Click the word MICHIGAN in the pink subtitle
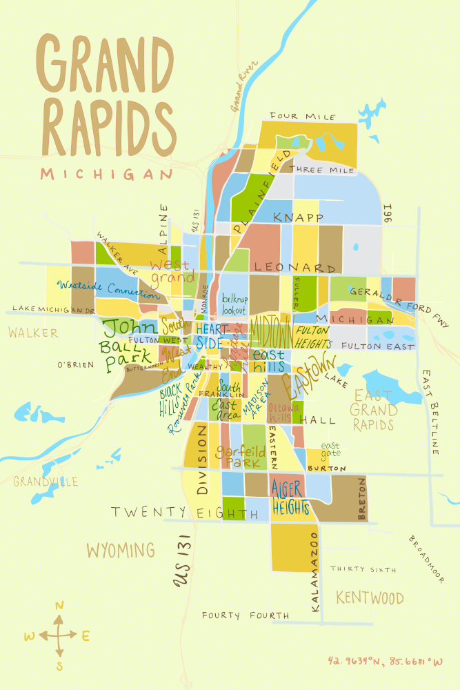point(106,173)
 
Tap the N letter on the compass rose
point(59,606)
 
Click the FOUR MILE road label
point(303,116)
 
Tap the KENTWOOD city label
point(370,598)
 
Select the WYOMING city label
point(120,550)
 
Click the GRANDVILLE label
point(46,482)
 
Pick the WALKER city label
point(33,333)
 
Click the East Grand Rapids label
point(375,410)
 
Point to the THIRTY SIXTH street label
point(363,569)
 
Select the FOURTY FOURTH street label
point(246,615)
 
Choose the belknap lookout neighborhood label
point(234,305)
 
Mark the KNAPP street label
point(298,217)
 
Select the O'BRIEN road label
point(75,364)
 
